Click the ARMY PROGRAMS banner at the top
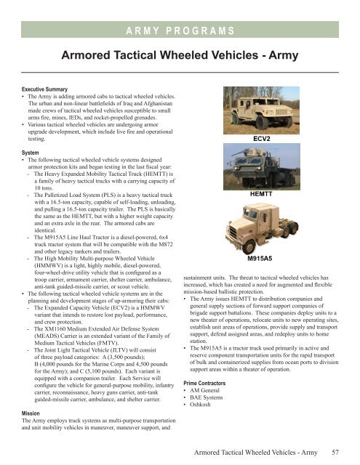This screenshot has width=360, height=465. tap(180, 29)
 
